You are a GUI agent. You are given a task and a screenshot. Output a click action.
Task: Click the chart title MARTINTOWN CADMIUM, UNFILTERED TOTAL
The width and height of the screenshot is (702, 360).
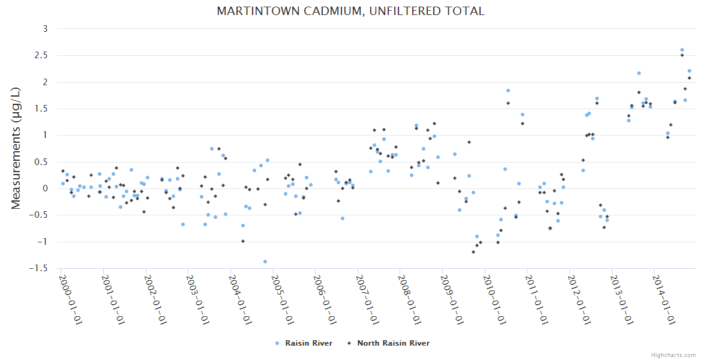coord(350,11)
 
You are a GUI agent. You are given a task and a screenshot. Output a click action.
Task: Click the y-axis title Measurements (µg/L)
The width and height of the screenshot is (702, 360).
coord(16,148)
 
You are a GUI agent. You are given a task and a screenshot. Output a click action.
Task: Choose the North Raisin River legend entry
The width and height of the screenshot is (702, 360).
coord(393,343)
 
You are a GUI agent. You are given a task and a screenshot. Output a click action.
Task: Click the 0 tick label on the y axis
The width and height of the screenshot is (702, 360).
coord(46,188)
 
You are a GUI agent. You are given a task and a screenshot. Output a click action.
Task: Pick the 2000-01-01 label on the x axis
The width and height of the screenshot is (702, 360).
coord(71,299)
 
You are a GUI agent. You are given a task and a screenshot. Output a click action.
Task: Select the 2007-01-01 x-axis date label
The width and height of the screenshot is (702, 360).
coord(368,299)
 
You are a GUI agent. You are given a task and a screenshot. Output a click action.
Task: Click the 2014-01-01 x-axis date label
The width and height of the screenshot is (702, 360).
coord(665,299)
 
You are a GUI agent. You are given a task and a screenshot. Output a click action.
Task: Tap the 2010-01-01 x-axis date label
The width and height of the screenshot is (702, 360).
coord(495,299)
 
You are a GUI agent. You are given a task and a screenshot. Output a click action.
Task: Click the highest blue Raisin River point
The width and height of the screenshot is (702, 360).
coord(682,50)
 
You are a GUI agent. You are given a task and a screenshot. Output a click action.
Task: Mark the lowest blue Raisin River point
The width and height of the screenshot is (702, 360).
coord(265,262)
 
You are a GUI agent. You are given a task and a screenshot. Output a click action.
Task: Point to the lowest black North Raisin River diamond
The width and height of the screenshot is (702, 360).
coord(473,252)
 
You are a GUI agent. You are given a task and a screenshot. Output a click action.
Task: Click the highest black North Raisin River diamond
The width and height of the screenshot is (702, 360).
coord(682,55)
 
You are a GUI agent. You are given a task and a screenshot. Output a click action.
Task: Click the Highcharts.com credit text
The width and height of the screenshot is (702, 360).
coord(673,355)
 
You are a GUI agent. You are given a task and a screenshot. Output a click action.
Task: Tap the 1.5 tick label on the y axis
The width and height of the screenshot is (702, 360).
coord(41,109)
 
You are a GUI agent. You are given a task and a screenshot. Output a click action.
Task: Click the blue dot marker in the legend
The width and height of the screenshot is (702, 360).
coord(277,343)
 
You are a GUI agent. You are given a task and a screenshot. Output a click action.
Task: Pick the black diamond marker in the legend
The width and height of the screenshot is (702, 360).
coord(349,343)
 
